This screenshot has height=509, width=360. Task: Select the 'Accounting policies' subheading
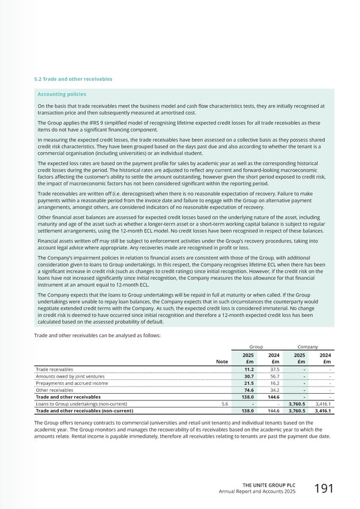[x=62, y=94]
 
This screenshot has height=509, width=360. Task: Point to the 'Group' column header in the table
[x=256, y=347]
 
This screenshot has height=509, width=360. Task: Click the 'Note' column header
[x=222, y=361]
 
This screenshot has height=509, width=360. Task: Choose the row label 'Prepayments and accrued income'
[x=72, y=384]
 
